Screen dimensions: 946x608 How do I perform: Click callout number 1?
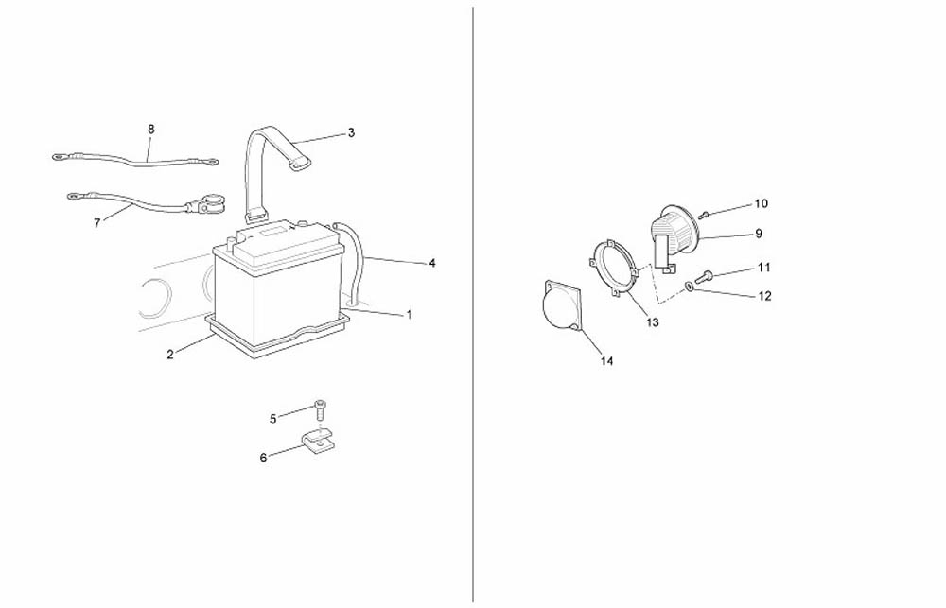[409, 315]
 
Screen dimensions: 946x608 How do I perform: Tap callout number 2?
[170, 355]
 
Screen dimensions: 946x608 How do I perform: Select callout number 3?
[351, 132]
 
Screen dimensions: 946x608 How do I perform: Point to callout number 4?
[432, 263]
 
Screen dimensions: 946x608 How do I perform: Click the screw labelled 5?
[320, 410]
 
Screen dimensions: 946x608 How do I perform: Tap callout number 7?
[97, 223]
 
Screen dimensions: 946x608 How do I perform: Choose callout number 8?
[150, 130]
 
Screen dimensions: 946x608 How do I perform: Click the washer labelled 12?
[689, 286]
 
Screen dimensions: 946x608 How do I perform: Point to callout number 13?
[652, 322]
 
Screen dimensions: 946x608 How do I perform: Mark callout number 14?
[607, 361]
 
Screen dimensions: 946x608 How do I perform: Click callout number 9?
[759, 234]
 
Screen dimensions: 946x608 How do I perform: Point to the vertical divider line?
[472, 304]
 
